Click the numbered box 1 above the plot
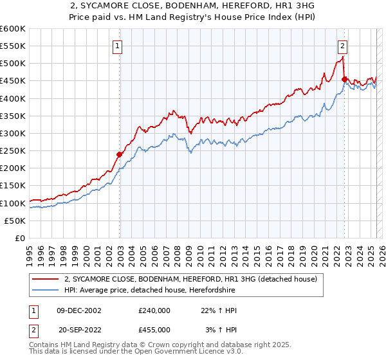coord(119,46)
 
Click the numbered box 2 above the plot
coord(343,46)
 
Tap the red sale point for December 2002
coord(120,154)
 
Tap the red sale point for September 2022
coord(344,79)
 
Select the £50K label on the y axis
coord(15,221)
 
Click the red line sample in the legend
coord(46,280)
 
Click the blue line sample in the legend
coord(46,291)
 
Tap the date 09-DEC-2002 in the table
coord(78,310)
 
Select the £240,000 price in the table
coord(154,310)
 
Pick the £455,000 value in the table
coord(154,330)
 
